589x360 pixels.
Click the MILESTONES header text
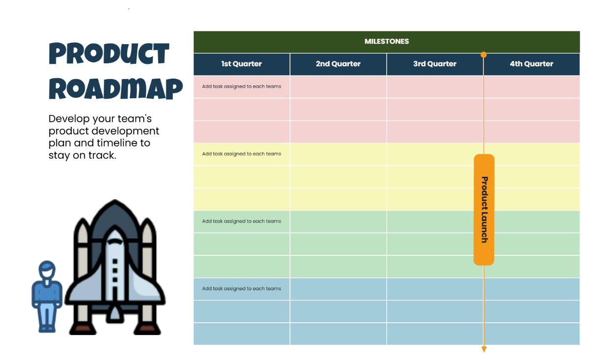click(x=386, y=42)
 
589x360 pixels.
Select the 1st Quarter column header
click(x=241, y=64)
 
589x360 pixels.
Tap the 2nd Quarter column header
click(x=338, y=64)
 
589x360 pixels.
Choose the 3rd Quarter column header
click(x=435, y=64)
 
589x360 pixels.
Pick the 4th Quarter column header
click(x=532, y=64)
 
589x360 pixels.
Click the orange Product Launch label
click(x=484, y=210)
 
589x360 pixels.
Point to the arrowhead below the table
click(x=484, y=349)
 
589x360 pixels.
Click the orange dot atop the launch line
click(x=483, y=55)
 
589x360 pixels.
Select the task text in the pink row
click(x=241, y=86)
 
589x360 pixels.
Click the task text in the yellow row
click(x=241, y=154)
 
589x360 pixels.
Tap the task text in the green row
click(x=241, y=221)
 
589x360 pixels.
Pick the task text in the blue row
click(x=241, y=289)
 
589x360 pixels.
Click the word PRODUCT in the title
click(x=109, y=54)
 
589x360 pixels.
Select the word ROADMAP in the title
click(x=116, y=89)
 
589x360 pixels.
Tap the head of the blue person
click(x=47, y=271)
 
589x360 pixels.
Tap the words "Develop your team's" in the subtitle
click(x=100, y=119)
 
